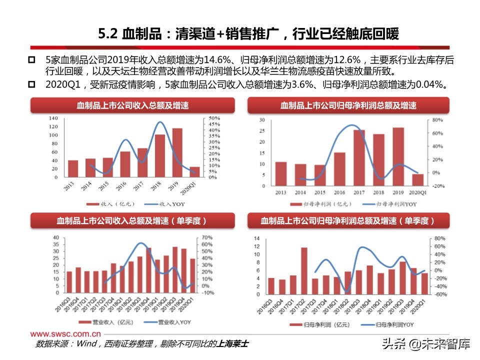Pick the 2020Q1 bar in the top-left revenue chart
[x=194, y=172]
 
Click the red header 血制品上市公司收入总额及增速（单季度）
[x=132, y=220]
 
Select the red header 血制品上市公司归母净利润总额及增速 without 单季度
[x=348, y=105]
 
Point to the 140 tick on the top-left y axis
[x=53, y=118]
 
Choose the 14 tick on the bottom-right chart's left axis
[x=256, y=238]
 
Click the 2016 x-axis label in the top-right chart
[x=339, y=192]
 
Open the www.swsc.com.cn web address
[x=65, y=333]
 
